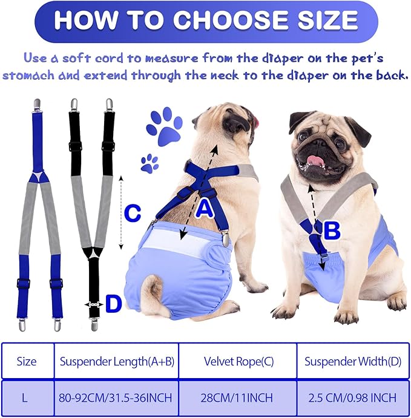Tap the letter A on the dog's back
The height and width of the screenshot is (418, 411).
click(x=205, y=209)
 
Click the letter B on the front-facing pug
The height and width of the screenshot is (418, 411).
click(x=331, y=229)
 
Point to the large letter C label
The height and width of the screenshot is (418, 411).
click(x=133, y=214)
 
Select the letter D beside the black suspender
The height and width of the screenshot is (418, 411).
click(x=114, y=305)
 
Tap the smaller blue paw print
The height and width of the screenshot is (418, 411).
click(x=150, y=163)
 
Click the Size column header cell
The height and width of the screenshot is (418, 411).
click(x=27, y=362)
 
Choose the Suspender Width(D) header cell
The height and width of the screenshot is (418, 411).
click(x=351, y=362)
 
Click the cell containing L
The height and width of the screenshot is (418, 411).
click(x=27, y=398)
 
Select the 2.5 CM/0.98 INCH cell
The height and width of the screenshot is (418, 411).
click(x=351, y=398)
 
